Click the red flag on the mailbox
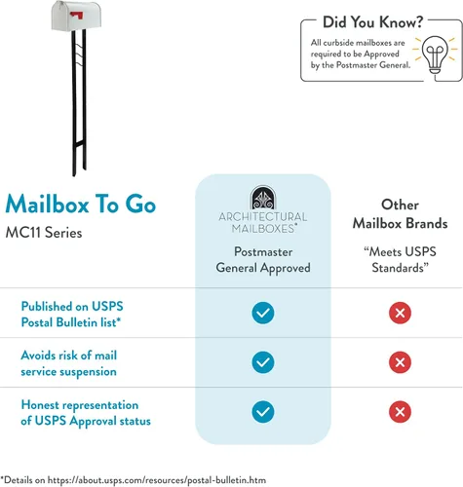77,15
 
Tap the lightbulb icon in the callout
435,55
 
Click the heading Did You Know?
372,22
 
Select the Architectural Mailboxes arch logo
263,198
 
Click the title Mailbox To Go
81,204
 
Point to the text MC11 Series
44,233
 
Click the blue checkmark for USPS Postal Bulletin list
263,313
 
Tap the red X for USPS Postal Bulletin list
400,313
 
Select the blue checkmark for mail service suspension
263,362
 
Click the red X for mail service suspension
400,362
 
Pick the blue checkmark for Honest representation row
263,412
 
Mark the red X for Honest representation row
400,412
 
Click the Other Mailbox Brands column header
400,214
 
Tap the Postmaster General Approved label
263,260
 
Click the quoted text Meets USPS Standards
400,260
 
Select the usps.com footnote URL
157,480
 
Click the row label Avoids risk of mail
69,356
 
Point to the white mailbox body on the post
76,16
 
